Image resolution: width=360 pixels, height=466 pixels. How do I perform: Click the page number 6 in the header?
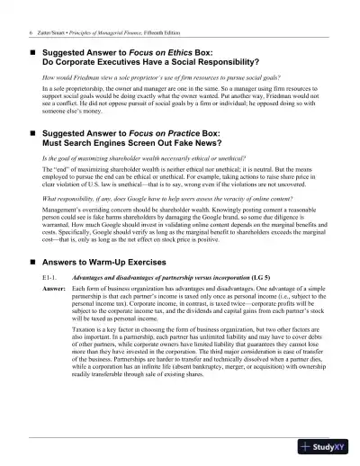point(32,31)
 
